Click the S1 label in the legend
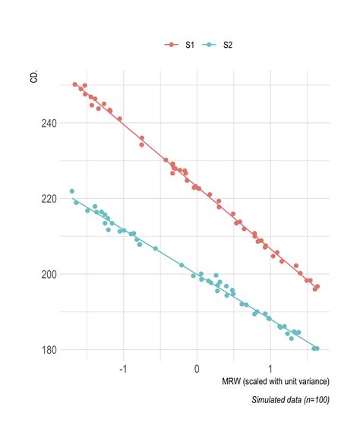click(189, 46)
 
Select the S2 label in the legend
click(227, 46)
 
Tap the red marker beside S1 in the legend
click(171, 46)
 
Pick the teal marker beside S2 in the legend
click(209, 46)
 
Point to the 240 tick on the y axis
click(47, 123)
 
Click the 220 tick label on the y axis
click(47, 198)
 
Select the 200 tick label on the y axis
click(47, 274)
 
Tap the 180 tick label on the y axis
click(47, 350)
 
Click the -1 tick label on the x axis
click(123, 370)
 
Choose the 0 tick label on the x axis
click(197, 370)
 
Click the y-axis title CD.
click(34, 77)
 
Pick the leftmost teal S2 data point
click(72, 191)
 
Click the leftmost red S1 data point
click(75, 84)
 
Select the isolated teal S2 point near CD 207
click(156, 248)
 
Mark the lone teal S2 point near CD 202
click(182, 265)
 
